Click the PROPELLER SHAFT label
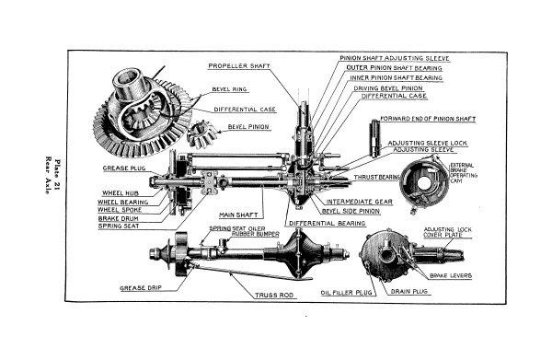coord(240,66)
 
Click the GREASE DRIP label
coord(143,286)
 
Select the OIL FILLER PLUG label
coord(320,294)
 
